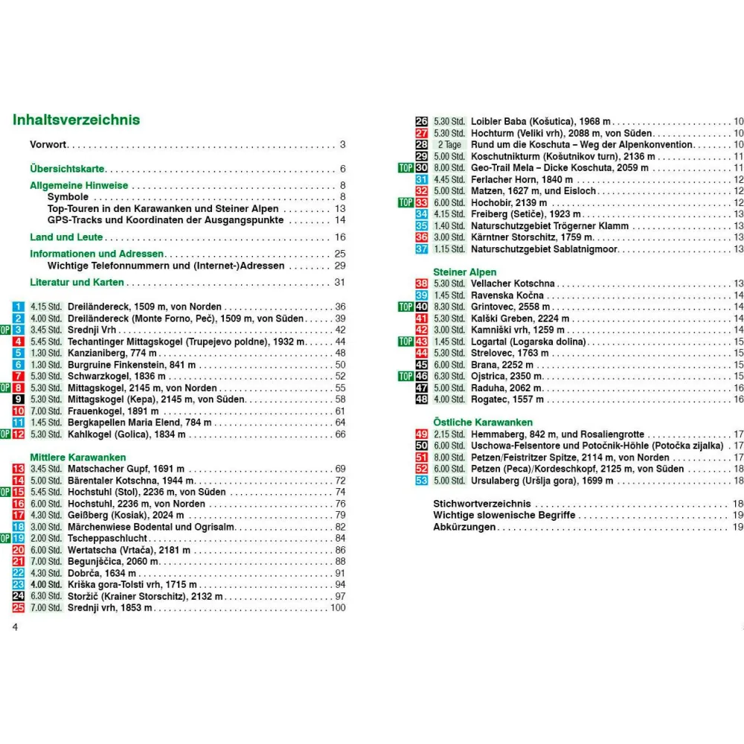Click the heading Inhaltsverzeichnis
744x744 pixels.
pos(77,121)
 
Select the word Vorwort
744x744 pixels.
pos(48,144)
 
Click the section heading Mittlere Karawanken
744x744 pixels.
pos(78,457)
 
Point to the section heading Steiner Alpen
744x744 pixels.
pos(465,272)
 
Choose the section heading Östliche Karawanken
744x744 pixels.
pos(481,423)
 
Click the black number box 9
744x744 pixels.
pos(19,400)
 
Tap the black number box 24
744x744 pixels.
pos(19,597)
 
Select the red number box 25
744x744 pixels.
pos(19,608)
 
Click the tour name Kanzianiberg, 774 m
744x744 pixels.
pos(112,353)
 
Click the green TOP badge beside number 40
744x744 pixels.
pos(405,307)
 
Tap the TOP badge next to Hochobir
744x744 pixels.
pos(405,202)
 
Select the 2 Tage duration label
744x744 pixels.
pos(449,144)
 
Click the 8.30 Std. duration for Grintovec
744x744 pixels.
pos(449,307)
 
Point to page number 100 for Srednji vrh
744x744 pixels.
pos(338,608)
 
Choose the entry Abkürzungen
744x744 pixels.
pos(465,527)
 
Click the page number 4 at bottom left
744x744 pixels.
pos(14,626)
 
